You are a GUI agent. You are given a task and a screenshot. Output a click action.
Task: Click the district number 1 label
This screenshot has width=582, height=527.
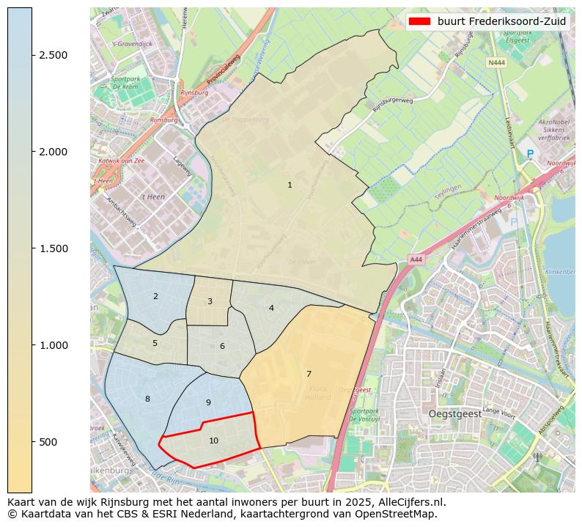pyautogui.click(x=290, y=185)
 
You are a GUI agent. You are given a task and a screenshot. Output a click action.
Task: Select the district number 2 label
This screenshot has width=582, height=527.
pyautogui.click(x=155, y=296)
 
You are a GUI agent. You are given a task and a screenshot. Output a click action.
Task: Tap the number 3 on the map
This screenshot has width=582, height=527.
pyautogui.click(x=210, y=301)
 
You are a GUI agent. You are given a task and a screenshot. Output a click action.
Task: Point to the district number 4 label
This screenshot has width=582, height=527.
pyautogui.click(x=271, y=308)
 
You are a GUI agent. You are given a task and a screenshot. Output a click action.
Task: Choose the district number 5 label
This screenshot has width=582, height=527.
pyautogui.click(x=155, y=343)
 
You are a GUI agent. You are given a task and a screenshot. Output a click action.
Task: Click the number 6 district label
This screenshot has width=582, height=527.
pyautogui.click(x=222, y=346)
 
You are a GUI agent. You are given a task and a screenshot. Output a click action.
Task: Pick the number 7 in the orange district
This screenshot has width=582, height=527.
pyautogui.click(x=309, y=374)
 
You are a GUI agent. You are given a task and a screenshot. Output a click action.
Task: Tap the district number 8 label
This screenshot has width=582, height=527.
pyautogui.click(x=147, y=399)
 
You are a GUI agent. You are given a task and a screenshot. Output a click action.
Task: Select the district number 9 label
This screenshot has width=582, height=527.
pyautogui.click(x=208, y=402)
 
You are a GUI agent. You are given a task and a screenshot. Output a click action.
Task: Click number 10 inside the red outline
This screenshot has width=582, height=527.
pyautogui.click(x=213, y=441)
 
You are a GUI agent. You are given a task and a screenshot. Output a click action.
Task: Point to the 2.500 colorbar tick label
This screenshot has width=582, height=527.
pyautogui.click(x=53, y=56)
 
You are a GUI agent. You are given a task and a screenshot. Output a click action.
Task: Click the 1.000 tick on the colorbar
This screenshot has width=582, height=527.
pyautogui.click(x=53, y=345)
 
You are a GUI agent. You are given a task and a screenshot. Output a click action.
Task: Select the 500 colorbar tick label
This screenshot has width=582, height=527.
pyautogui.click(x=48, y=442)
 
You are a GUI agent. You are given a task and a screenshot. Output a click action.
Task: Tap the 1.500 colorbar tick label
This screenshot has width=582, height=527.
pyautogui.click(x=53, y=248)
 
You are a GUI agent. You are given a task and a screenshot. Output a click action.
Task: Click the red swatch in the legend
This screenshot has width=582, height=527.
pyautogui.click(x=420, y=21)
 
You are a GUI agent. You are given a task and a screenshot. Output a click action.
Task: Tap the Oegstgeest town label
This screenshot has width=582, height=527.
pyautogui.click(x=454, y=414)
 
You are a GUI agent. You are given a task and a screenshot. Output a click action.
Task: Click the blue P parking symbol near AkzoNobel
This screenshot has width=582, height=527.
pyautogui.click(x=530, y=155)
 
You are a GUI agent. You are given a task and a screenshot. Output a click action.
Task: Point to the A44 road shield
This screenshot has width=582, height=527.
pyautogui.click(x=416, y=259)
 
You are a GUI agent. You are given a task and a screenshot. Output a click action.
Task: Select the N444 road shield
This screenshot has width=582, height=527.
pyautogui.click(x=496, y=62)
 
